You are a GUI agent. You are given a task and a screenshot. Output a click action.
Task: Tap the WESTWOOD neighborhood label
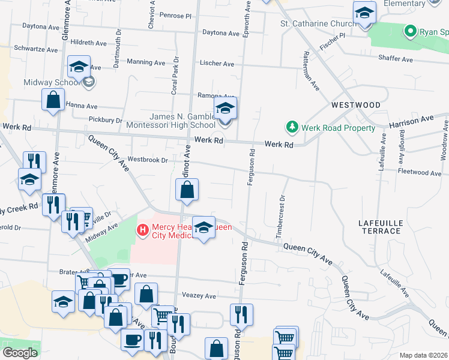pyautogui.click(x=356, y=105)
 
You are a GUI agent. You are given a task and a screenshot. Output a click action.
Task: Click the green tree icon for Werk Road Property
pyautogui.click(x=292, y=127)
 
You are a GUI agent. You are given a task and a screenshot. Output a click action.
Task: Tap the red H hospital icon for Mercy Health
pyautogui.click(x=143, y=229)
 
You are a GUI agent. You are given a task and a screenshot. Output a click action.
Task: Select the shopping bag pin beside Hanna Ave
pyautogui.click(x=53, y=100)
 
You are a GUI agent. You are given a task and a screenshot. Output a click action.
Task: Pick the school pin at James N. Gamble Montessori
pyautogui.click(x=224, y=109)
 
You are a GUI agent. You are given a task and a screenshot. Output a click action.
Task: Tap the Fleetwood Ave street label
pyautogui.click(x=419, y=172)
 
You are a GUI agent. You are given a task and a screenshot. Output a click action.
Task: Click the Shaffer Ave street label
pyautogui.click(x=396, y=59)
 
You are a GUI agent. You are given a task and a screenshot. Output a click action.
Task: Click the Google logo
pyautogui.click(x=20, y=353)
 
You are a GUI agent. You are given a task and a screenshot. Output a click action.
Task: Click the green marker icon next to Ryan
pyautogui.click(x=411, y=31)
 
